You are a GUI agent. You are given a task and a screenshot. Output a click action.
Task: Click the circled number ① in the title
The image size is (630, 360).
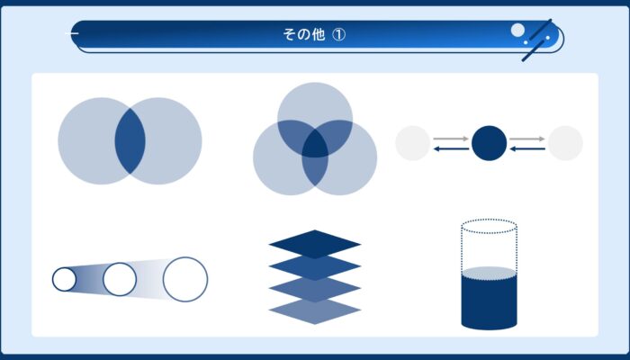pyautogui.click(x=338, y=34)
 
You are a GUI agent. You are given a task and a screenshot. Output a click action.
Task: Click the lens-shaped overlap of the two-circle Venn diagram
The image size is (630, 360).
pyautogui.click(x=130, y=141)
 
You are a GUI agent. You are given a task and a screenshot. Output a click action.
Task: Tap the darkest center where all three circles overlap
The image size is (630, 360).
pyautogui.click(x=315, y=143)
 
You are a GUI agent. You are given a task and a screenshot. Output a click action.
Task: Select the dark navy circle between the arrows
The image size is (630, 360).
pyautogui.click(x=489, y=143)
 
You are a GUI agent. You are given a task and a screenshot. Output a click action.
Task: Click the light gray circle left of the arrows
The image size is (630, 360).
pyautogui.click(x=412, y=143)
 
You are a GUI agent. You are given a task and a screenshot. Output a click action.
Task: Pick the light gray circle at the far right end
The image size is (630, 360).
pyautogui.click(x=565, y=143)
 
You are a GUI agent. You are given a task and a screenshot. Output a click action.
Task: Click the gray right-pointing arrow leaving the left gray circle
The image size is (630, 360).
pyautogui.click(x=451, y=139)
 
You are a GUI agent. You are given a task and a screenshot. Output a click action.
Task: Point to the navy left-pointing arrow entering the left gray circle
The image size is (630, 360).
pyautogui.click(x=451, y=149)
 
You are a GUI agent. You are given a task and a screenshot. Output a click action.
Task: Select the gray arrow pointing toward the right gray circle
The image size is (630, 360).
pyautogui.click(x=527, y=139)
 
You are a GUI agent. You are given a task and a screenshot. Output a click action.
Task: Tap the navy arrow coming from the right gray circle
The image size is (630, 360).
pyautogui.click(x=527, y=149)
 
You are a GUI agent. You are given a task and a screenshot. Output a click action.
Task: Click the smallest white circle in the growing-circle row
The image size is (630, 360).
pyautogui.click(x=64, y=279)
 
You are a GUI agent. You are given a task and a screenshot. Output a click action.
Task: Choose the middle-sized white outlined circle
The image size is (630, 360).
pyautogui.click(x=120, y=279)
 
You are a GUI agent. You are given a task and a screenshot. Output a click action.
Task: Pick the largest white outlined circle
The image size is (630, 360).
pyautogui.click(x=185, y=279)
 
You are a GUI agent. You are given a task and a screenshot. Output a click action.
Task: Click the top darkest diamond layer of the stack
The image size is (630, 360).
pyautogui.click(x=315, y=244)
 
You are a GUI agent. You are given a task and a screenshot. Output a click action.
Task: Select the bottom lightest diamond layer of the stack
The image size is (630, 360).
pyautogui.click(x=315, y=310)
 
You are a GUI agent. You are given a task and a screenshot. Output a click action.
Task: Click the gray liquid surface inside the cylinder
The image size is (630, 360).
pyautogui.click(x=489, y=273)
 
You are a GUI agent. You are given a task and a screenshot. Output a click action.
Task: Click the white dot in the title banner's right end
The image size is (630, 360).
pyautogui.click(x=517, y=30)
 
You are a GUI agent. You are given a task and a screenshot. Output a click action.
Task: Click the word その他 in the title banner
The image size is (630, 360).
pyautogui.click(x=304, y=34)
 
